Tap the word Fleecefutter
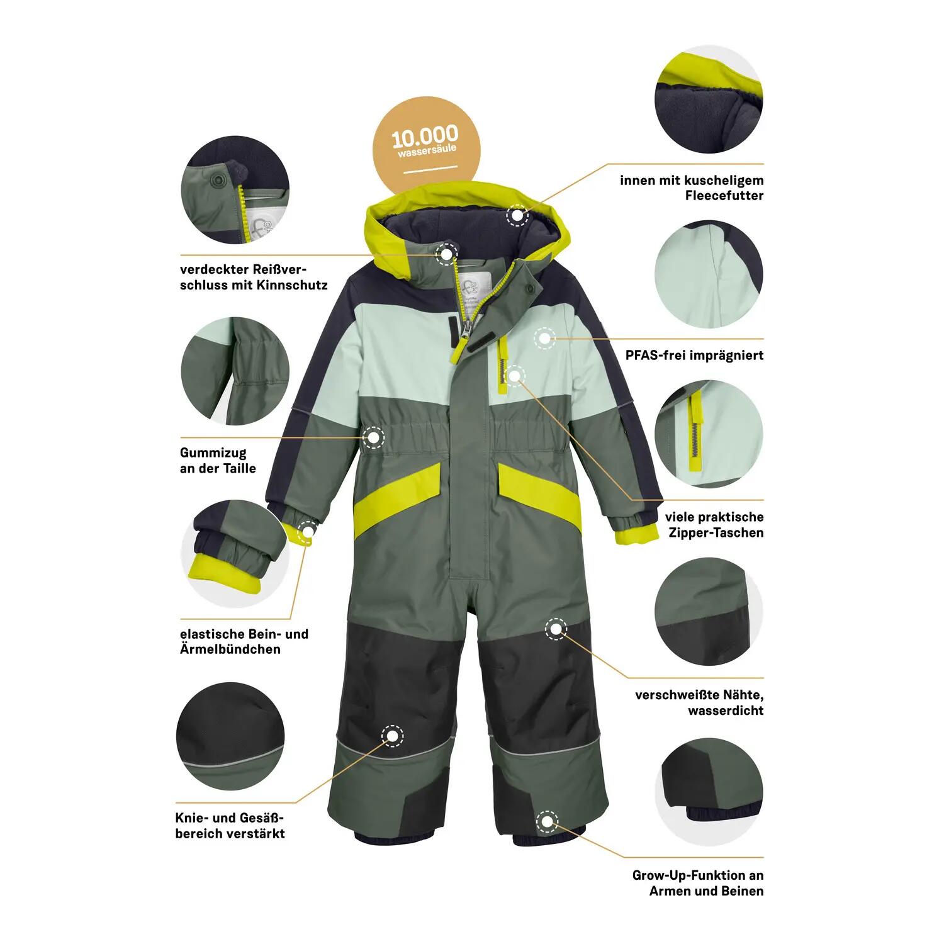(724, 196)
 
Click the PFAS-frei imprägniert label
(694, 355)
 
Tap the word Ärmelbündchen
(230, 649)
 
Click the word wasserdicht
(726, 711)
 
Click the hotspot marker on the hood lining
(517, 215)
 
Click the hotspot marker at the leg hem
(547, 821)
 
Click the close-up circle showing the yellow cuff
(235, 551)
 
